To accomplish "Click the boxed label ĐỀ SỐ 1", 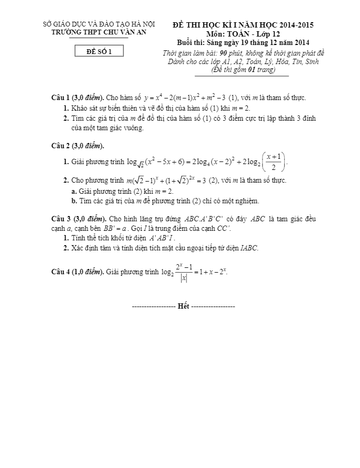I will click(x=99, y=51).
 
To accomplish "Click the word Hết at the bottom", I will click(x=183, y=306).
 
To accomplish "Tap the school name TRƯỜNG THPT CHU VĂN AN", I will click(x=99, y=32).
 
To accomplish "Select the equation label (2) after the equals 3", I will click(x=213, y=181).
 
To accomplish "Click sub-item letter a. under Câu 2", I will click(x=74, y=191).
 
